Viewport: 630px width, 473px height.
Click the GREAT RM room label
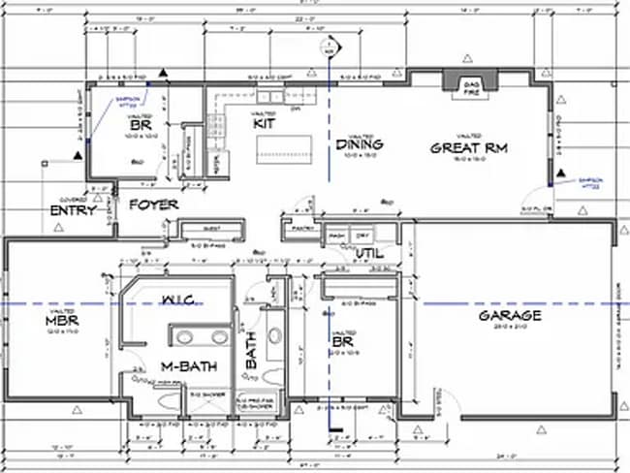pyautogui.click(x=469, y=148)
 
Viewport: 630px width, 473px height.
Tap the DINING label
pyautogui.click(x=360, y=144)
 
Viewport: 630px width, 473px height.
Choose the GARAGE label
pyautogui.click(x=509, y=316)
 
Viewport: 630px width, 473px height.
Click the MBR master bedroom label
pyautogui.click(x=60, y=321)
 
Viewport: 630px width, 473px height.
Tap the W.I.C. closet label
pyautogui.click(x=180, y=298)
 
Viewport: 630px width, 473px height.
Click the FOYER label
pyautogui.click(x=154, y=205)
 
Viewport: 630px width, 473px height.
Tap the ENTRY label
pyautogui.click(x=74, y=210)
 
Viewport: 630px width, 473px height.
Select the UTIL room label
pyautogui.click(x=369, y=253)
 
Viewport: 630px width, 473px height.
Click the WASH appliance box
pyautogui.click(x=337, y=236)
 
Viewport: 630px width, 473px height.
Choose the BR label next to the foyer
pyautogui.click(x=139, y=125)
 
